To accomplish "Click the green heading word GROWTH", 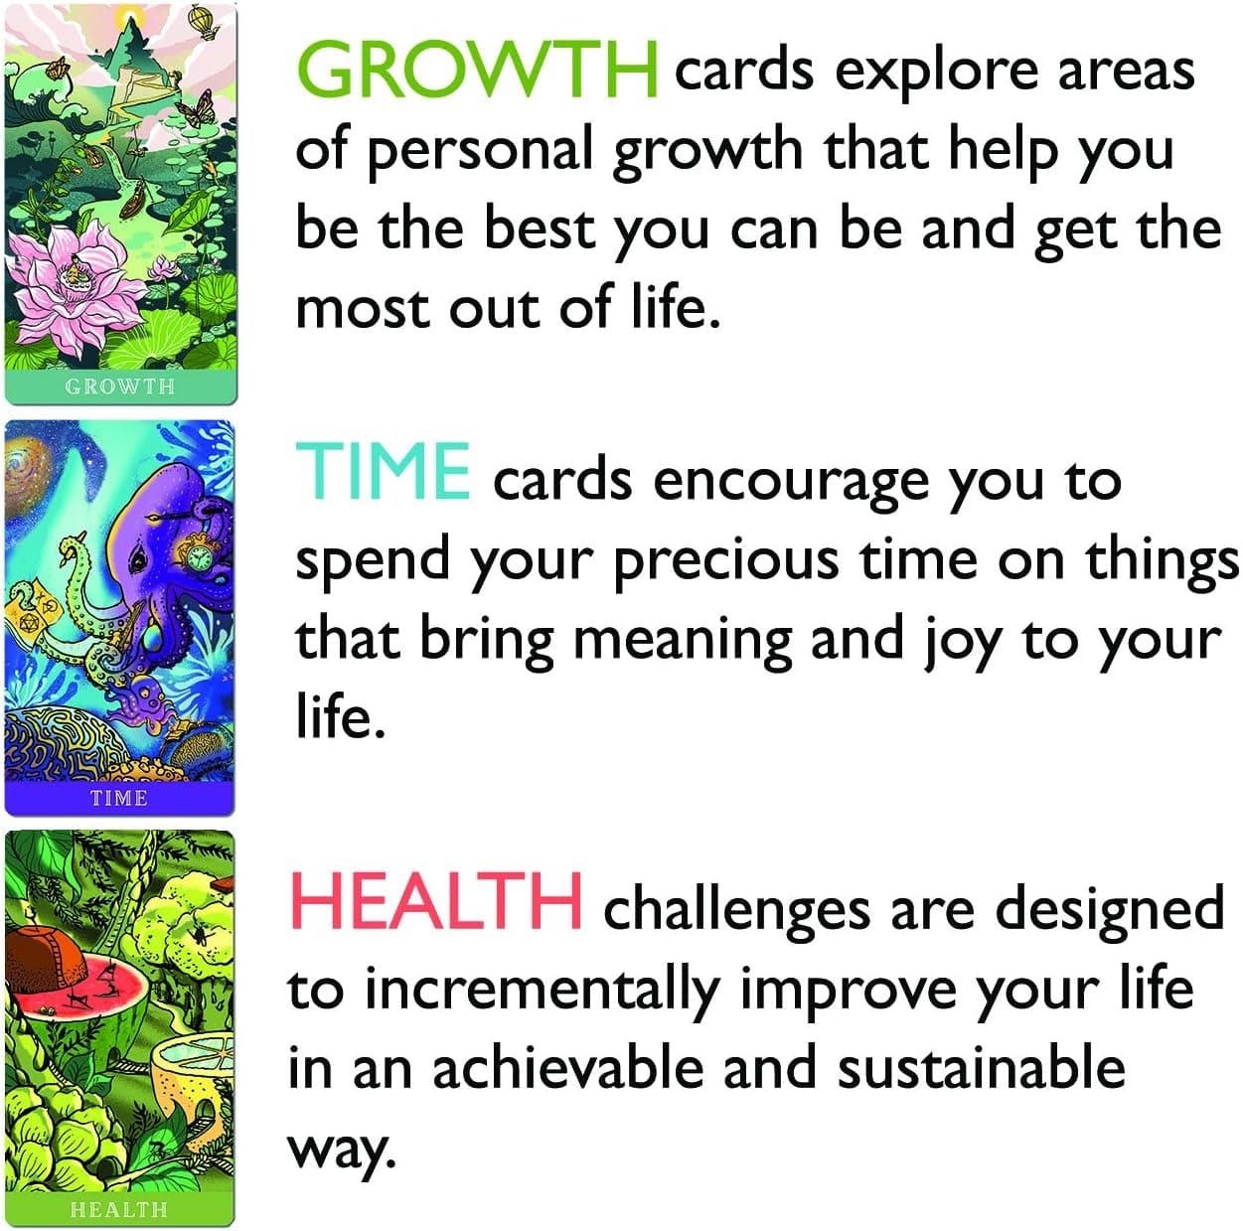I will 477,70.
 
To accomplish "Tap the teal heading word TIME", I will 384,472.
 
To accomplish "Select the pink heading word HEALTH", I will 435,900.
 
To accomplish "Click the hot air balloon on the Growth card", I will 205,21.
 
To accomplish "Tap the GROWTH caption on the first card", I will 119,386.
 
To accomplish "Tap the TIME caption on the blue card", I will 119,798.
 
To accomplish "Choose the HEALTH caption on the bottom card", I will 119,1209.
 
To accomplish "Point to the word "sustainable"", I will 981,1069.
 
